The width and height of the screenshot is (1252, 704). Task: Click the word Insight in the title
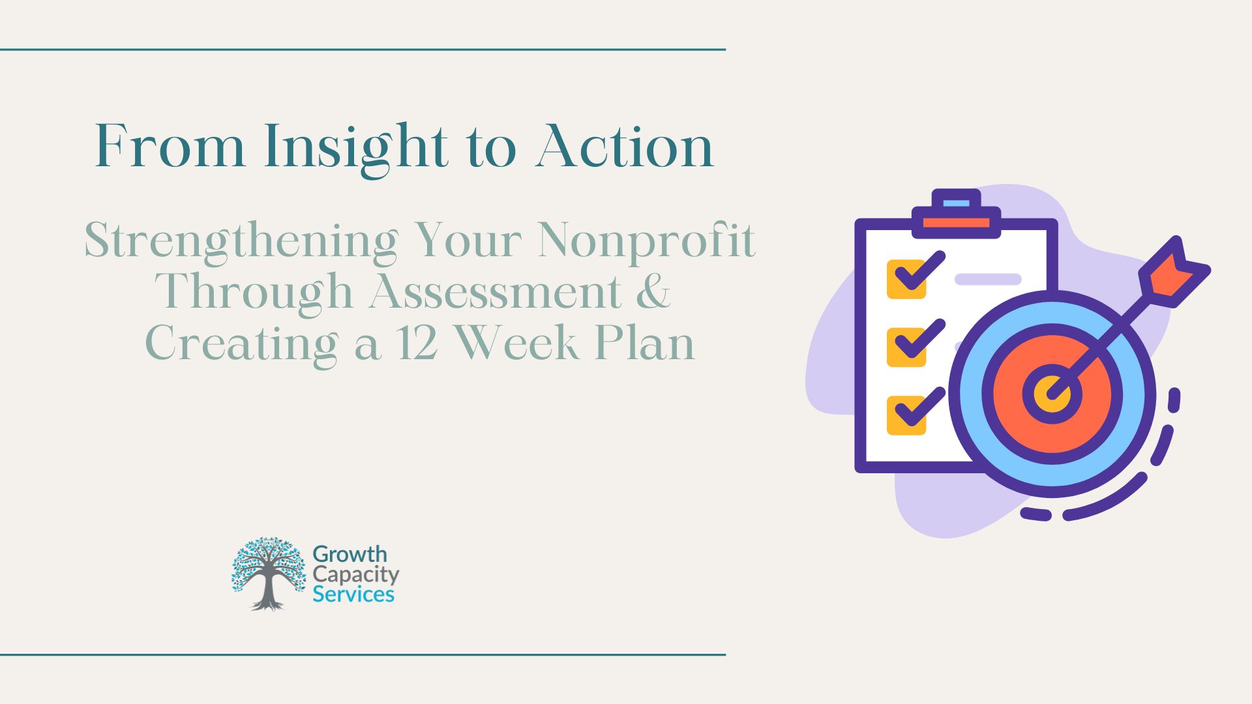pyautogui.click(x=356, y=149)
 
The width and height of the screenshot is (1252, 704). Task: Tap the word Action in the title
pyautogui.click(x=625, y=146)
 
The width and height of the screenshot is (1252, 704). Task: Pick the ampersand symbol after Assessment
pyautogui.click(x=653, y=291)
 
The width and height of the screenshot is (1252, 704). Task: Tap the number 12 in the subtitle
pyautogui.click(x=417, y=343)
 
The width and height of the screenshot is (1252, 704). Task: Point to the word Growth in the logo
pyautogui.click(x=350, y=555)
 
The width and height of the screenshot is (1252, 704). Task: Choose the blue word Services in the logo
pyautogui.click(x=353, y=594)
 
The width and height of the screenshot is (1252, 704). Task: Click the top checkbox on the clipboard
pyautogui.click(x=906, y=279)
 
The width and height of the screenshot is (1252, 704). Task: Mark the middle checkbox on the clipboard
pyautogui.click(x=906, y=347)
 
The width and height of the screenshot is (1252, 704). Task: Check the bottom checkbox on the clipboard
pyautogui.click(x=906, y=415)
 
